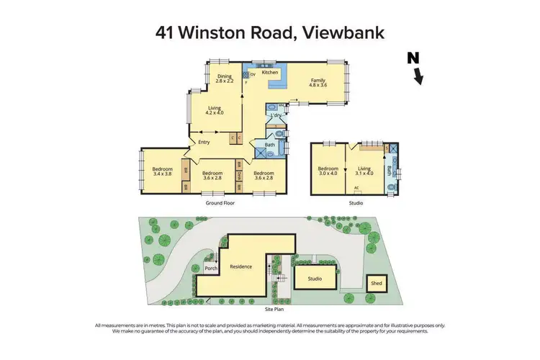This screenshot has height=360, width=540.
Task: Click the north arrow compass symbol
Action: [415, 69]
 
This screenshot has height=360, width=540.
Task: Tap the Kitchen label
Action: [270, 73]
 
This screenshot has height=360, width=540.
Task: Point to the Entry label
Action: [204, 142]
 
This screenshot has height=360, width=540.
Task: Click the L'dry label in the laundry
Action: [275, 115]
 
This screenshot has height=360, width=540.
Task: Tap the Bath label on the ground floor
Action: [270, 145]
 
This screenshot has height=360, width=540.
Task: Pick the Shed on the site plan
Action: [377, 283]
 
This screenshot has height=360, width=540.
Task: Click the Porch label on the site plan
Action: [211, 269]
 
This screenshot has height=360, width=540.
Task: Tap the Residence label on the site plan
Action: [240, 266]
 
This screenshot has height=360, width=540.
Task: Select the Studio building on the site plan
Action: [315, 277]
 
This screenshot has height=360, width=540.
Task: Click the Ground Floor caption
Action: [220, 203]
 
